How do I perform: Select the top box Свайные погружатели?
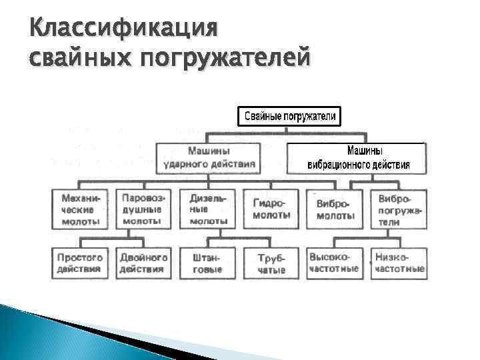tap(290, 117)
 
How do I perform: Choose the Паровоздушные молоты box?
tap(141, 209)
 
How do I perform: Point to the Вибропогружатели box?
tap(399, 209)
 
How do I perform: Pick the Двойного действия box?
tap(142, 263)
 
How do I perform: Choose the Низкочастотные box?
tap(399, 263)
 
